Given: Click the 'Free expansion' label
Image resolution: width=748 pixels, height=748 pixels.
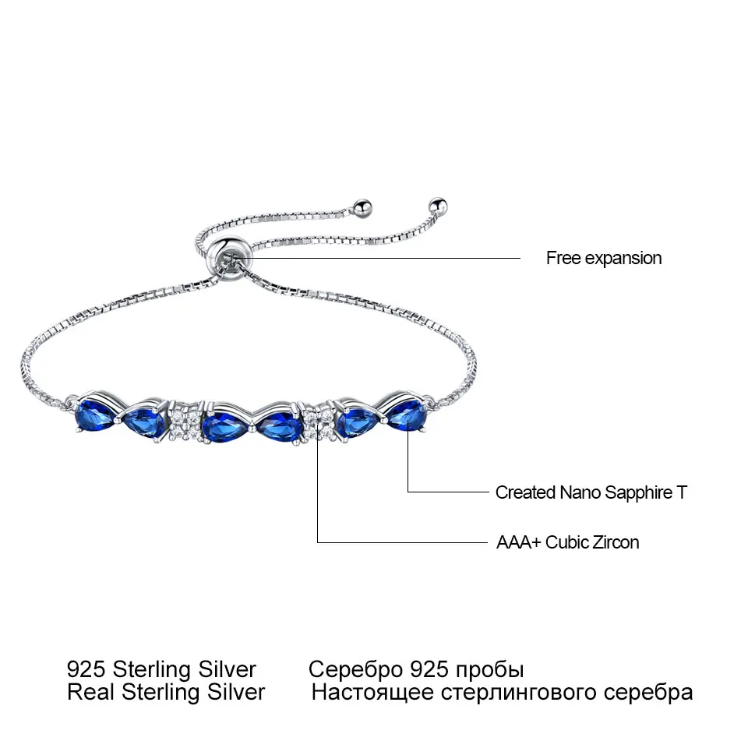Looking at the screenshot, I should coord(604,258).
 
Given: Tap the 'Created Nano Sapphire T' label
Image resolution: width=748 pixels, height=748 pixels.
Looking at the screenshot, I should coord(591,492).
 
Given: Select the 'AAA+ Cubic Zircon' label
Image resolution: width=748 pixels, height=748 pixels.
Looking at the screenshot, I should coord(567,542).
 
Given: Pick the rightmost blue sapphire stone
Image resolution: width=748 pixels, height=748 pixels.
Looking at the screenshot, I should coord(408,416).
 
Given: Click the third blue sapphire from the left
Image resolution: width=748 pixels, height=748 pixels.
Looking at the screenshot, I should coord(222,427).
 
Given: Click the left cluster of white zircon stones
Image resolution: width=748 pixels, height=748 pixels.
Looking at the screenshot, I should coord(185,425).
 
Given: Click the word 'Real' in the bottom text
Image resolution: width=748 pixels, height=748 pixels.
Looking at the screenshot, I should coord(86,692).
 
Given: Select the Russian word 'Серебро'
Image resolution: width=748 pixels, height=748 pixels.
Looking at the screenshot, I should coord(354,669).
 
